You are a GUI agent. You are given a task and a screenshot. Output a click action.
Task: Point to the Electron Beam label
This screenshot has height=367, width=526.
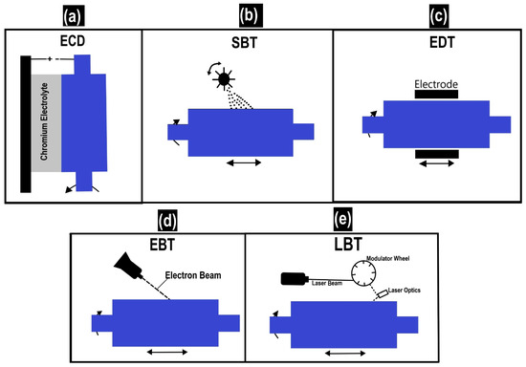point(191,274)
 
